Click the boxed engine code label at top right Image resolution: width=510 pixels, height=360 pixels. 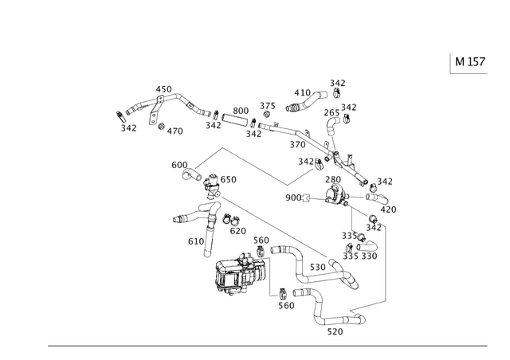[x=468, y=63]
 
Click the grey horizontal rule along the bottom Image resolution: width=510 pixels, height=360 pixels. [x=266, y=346]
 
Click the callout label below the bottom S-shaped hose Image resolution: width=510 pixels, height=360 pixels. [x=335, y=329]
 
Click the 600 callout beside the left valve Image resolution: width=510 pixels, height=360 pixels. [x=180, y=164]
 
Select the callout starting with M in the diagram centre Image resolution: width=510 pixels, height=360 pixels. [x=310, y=161]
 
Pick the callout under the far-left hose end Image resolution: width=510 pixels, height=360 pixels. [x=124, y=126]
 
